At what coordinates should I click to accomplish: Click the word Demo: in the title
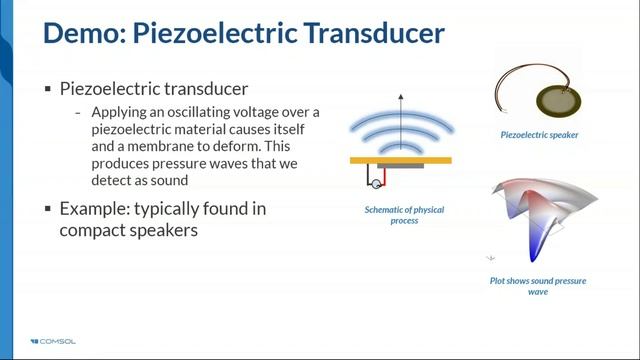[83, 33]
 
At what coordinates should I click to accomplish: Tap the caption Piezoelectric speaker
[540, 133]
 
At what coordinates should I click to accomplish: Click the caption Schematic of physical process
[399, 215]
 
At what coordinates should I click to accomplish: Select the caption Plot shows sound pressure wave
[543, 286]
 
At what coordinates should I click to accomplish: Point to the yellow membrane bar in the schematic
[400, 160]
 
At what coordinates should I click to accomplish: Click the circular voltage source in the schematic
[377, 183]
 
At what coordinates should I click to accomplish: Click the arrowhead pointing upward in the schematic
[400, 98]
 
